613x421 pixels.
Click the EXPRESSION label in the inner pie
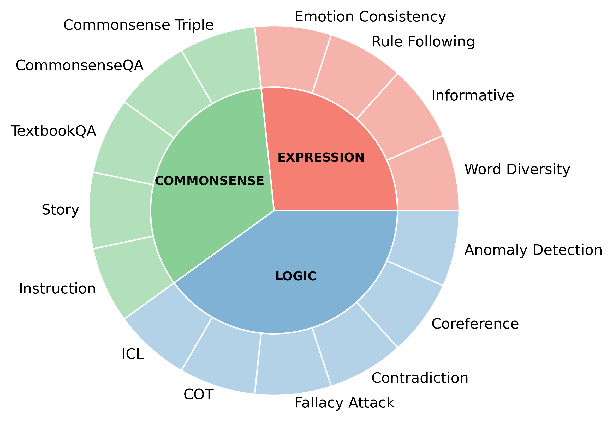click(321, 157)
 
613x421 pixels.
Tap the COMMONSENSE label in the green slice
click(209, 181)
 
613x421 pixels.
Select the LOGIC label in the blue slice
click(296, 276)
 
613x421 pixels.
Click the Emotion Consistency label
click(370, 17)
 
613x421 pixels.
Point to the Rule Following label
click(423, 42)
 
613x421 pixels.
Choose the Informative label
click(473, 96)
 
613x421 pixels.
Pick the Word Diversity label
click(517, 169)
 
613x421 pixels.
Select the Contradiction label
click(420, 378)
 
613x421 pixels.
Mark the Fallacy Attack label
click(344, 403)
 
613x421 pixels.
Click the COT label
click(198, 395)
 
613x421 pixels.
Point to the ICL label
click(133, 354)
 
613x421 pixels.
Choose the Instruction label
click(57, 289)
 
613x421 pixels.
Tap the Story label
click(60, 210)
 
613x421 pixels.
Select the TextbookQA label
click(53, 131)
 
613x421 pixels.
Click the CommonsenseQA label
click(80, 65)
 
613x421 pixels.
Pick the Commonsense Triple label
click(138, 25)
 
